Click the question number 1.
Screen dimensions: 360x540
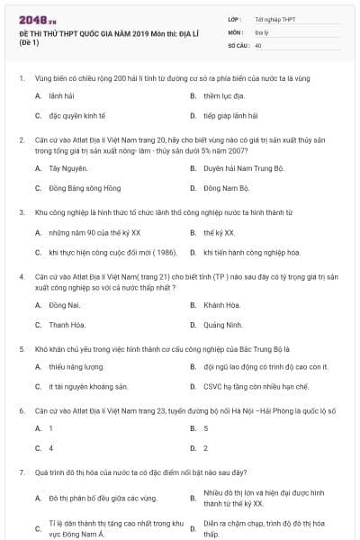(21, 79)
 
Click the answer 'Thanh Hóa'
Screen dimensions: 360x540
(67, 326)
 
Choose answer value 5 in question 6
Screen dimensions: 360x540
(206, 428)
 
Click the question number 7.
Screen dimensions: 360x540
(21, 471)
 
